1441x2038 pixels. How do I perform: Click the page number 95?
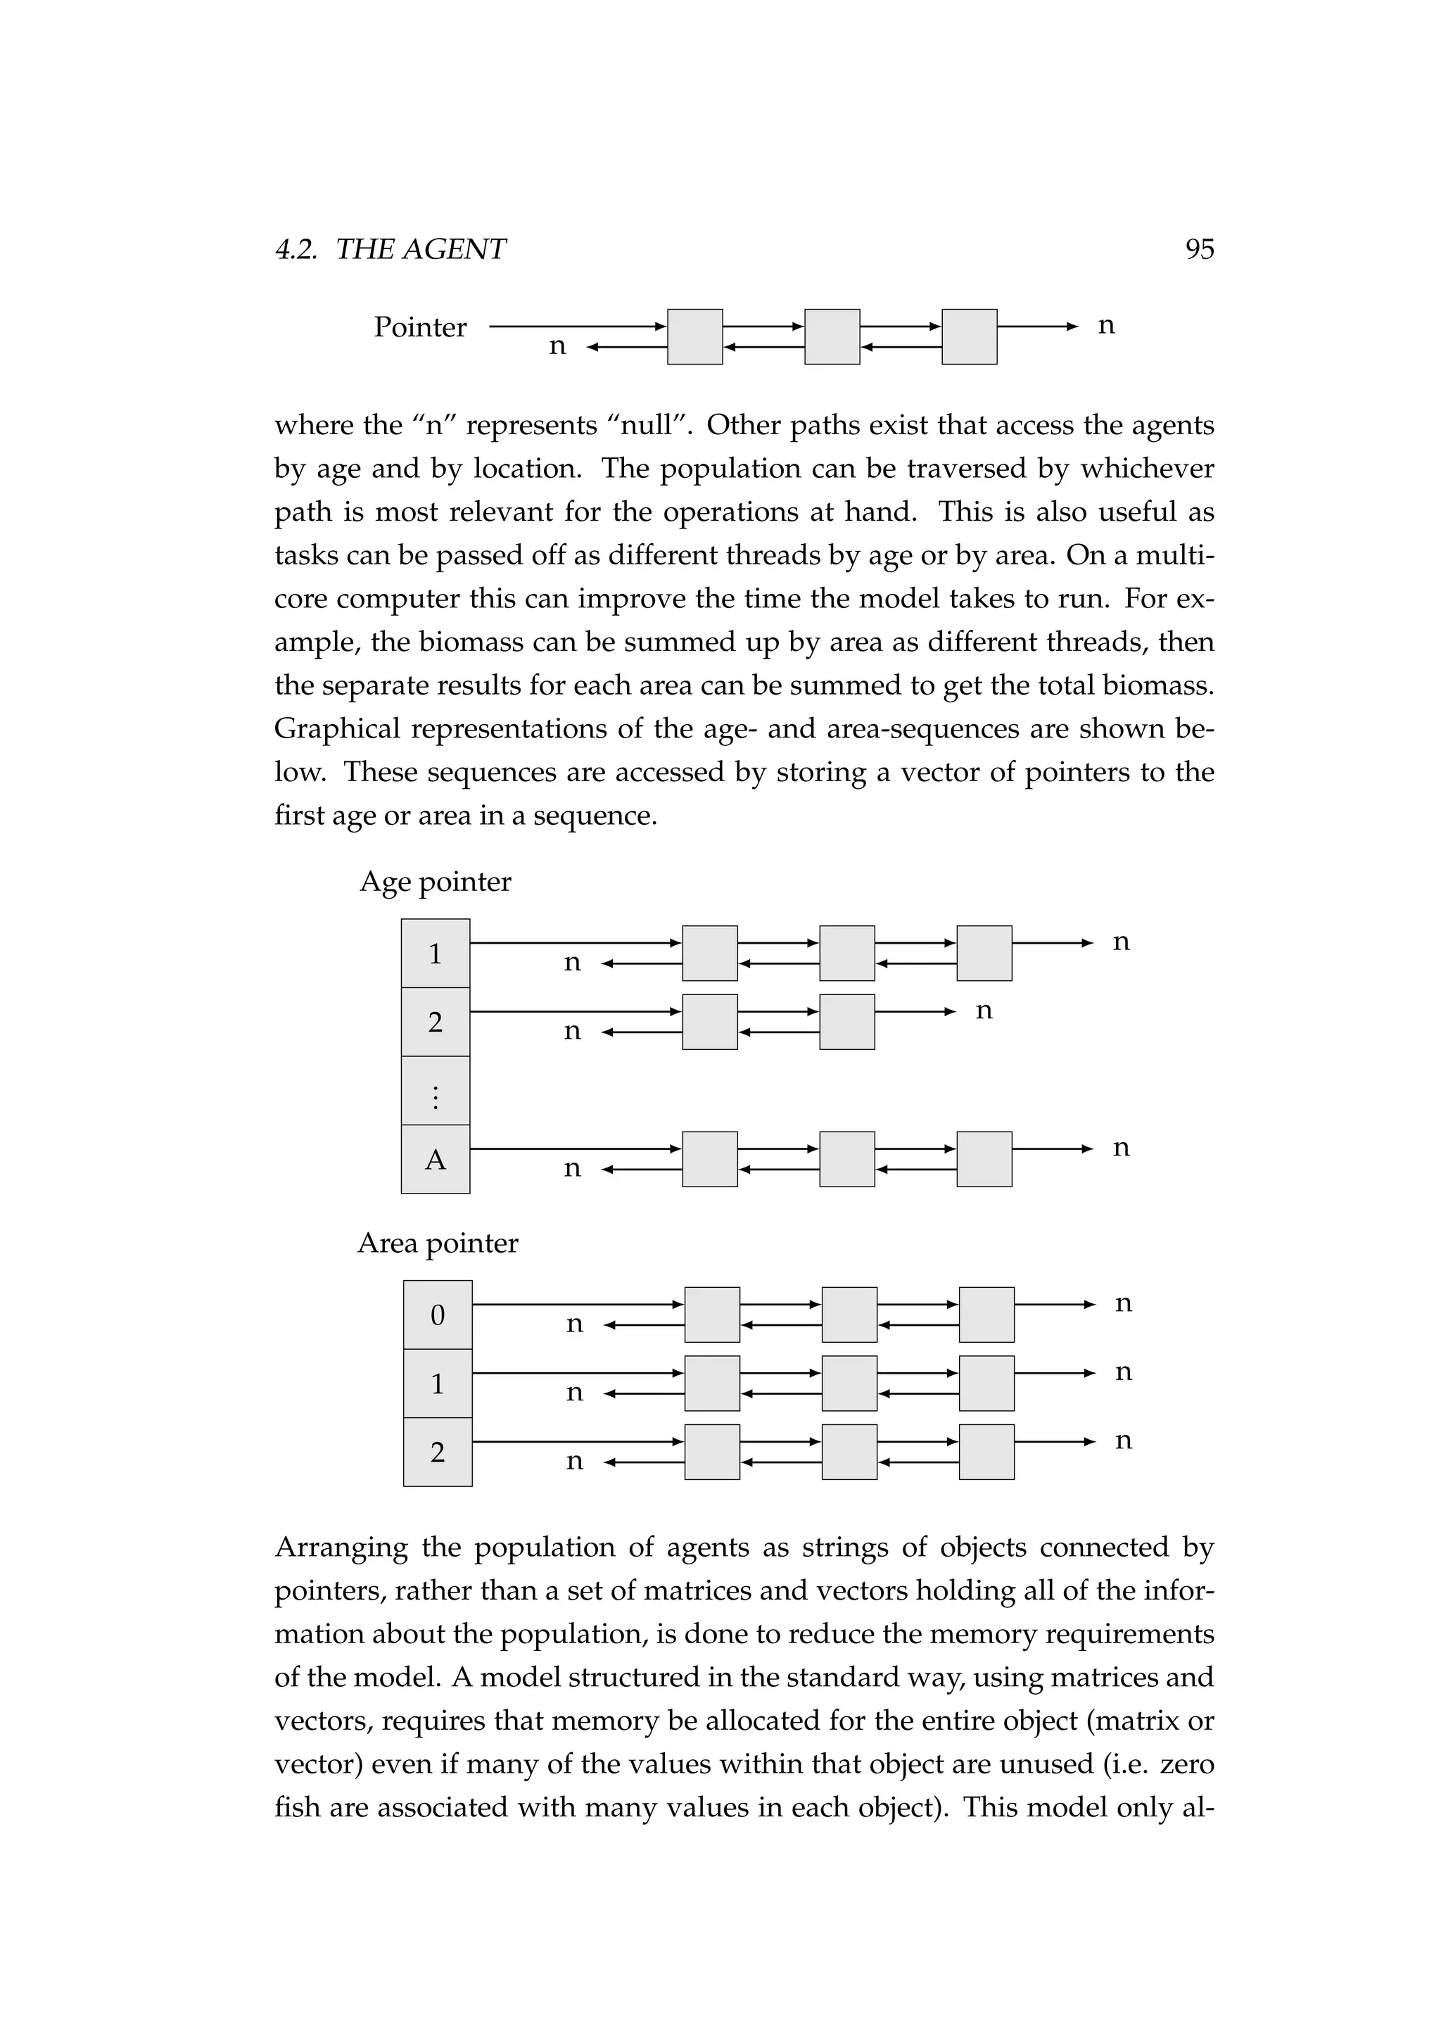coord(1199,249)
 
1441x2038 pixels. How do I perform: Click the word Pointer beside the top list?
coord(419,327)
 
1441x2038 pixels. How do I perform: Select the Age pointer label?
coord(435,881)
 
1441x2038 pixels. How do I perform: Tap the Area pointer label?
coord(438,1243)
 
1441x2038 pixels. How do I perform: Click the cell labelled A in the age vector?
coord(435,1159)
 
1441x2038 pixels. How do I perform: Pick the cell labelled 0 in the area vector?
coord(438,1315)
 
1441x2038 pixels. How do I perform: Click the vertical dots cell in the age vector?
coord(435,1091)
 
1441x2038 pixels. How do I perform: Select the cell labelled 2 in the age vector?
coord(435,1022)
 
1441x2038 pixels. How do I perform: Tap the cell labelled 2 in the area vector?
coord(438,1452)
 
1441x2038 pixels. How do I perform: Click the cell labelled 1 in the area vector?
coord(438,1384)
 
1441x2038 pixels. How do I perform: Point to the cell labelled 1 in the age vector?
coord(435,954)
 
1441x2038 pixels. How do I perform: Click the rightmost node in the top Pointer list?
coord(969,336)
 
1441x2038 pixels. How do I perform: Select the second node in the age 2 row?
coord(846,1022)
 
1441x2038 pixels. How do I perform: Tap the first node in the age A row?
coord(710,1159)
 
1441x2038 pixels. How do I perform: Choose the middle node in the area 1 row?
coord(849,1384)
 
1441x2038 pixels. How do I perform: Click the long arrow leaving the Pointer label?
coord(577,327)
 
